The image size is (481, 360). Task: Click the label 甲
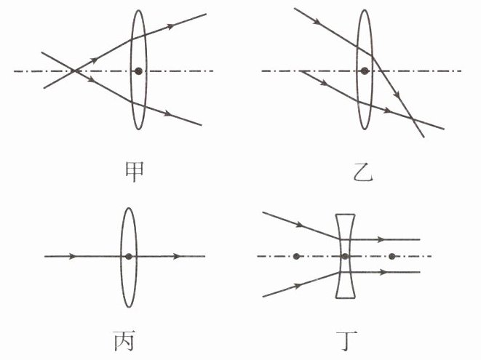[135, 172]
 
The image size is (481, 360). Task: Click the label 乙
[363, 172]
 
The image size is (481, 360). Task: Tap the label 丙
[124, 340]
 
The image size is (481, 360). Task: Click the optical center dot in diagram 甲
[139, 71]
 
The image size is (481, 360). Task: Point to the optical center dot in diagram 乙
[365, 71]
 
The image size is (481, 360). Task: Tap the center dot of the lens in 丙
[129, 256]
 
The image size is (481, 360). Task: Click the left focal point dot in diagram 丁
[296, 256]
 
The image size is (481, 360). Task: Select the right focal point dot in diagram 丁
[391, 256]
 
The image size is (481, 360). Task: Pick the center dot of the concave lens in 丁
[345, 256]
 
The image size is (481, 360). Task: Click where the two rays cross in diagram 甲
[74, 71]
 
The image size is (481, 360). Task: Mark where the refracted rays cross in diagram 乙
[411, 117]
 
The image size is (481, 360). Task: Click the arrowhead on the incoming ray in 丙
[72, 256]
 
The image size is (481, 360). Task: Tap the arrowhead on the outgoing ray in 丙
[177, 256]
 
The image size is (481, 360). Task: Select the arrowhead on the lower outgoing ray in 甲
[167, 113]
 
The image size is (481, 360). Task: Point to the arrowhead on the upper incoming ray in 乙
[318, 22]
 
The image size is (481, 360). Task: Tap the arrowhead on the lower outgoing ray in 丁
[381, 272]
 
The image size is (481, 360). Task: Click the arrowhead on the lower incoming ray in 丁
[298, 286]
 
